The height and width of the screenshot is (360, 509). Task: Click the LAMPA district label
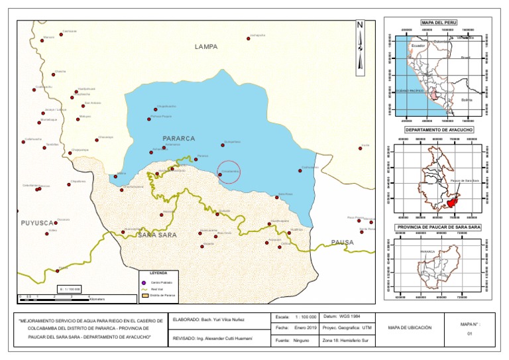205,47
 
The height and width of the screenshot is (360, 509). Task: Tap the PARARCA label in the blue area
178,139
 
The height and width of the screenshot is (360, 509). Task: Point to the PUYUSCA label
34,223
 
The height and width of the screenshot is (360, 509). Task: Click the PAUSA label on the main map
343,243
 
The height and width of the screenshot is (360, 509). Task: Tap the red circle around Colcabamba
228,172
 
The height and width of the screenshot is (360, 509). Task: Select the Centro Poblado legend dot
144,282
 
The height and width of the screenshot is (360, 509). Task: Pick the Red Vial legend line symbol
144,289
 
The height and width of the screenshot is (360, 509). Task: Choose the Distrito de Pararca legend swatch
144,296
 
